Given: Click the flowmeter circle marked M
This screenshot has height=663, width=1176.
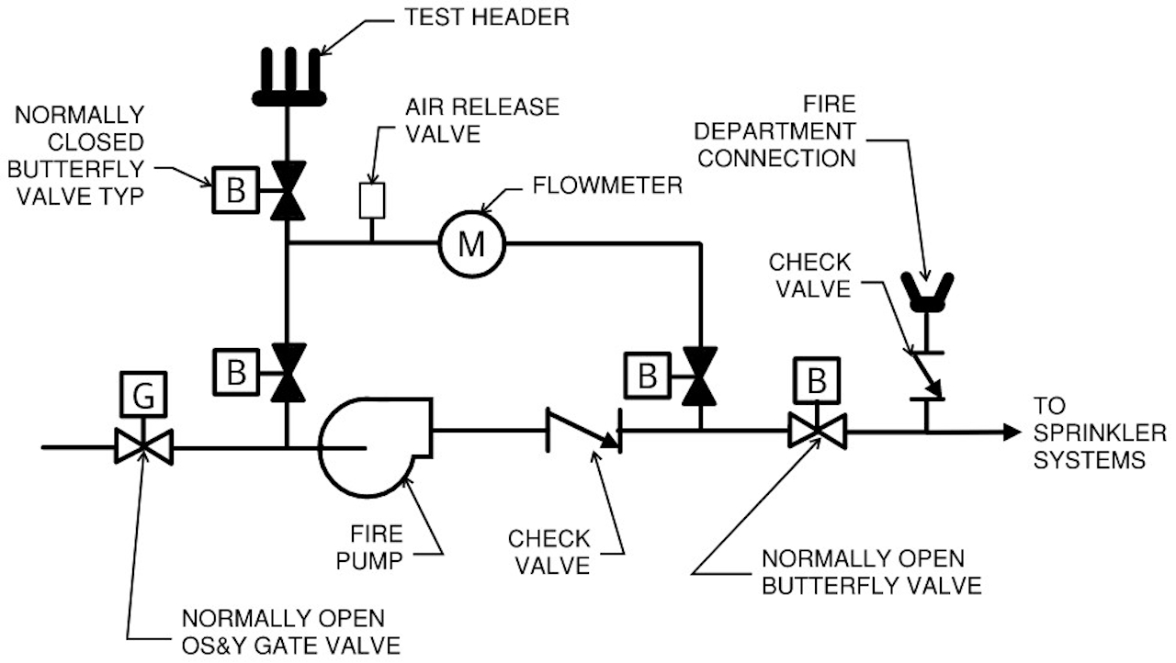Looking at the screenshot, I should coord(471,243).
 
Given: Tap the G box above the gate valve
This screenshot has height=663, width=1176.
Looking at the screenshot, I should coord(142,397).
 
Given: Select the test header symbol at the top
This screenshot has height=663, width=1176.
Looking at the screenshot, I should coord(288,77).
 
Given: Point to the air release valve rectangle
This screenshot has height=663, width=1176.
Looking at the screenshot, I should coord(370,200).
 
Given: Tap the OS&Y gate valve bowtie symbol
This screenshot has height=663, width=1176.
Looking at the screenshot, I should coord(143,448).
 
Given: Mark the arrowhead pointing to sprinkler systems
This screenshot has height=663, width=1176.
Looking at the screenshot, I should coord(1012,431).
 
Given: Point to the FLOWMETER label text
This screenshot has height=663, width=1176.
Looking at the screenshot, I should coord(608,185).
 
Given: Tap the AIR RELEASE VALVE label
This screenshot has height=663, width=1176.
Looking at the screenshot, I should coord(481,119).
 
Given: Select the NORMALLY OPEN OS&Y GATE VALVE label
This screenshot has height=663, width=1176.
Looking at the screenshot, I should coord(291,630).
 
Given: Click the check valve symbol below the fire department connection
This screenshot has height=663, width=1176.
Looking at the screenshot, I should coord(927,376).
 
